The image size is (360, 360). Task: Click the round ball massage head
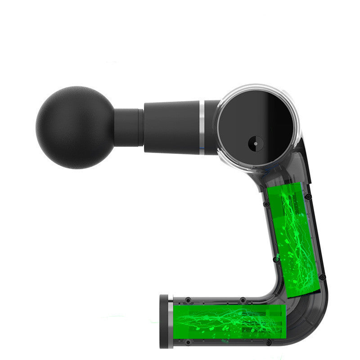pos(75,127)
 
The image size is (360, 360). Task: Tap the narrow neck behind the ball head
pos(128,127)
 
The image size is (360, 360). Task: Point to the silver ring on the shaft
pos(202,127)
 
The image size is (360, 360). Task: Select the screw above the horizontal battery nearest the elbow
pos(243,299)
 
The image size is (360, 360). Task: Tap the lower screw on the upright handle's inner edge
pos(275,260)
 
